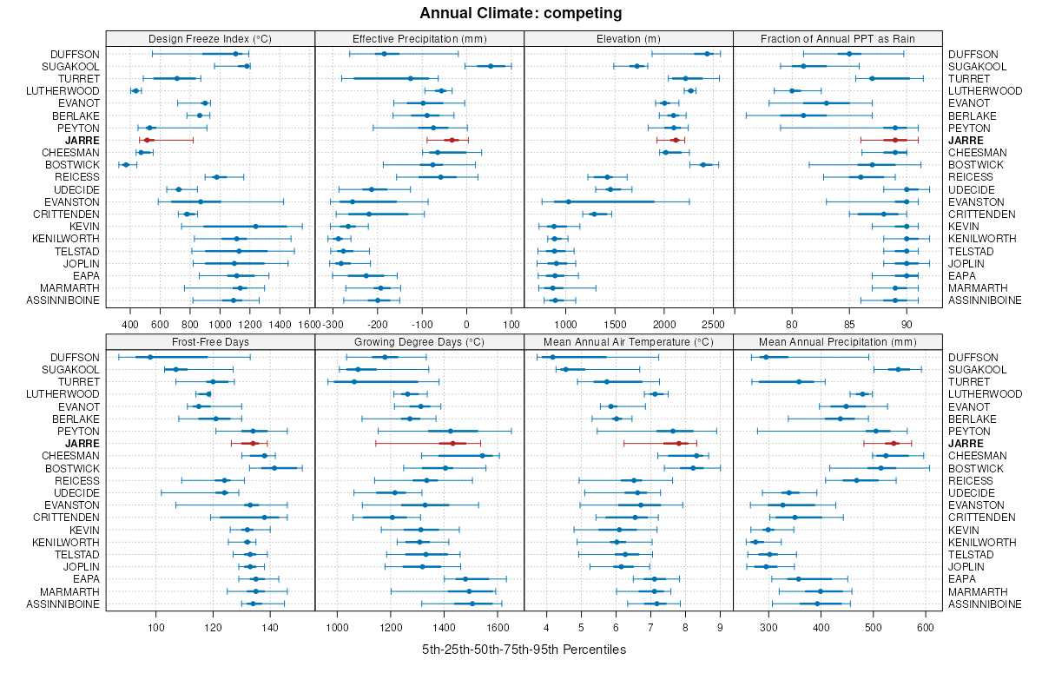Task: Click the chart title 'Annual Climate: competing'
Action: click(521, 13)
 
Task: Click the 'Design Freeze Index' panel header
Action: click(210, 38)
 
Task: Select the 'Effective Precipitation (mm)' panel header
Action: click(419, 38)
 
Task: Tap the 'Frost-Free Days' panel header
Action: click(210, 341)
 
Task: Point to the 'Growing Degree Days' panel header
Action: click(419, 341)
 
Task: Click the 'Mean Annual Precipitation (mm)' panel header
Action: click(838, 341)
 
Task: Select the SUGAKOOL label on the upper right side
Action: click(978, 66)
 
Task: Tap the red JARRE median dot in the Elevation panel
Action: click(675, 140)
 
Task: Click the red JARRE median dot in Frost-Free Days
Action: click(254, 444)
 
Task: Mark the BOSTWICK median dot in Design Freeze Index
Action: click(126, 165)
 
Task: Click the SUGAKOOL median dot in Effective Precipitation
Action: click(491, 66)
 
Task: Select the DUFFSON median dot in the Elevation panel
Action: click(707, 54)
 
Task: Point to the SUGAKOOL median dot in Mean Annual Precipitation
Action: click(899, 370)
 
